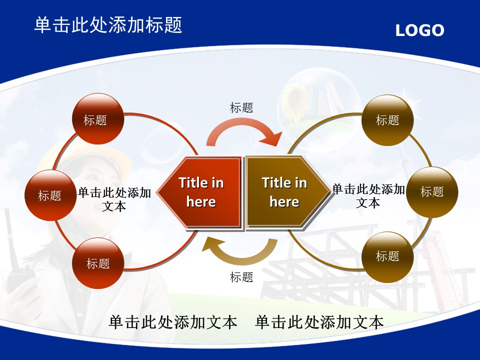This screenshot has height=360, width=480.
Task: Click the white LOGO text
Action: pyautogui.click(x=419, y=30)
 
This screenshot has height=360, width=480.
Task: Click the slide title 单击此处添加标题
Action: pyautogui.click(x=108, y=25)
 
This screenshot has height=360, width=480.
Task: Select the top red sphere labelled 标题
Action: pyautogui.click(x=98, y=119)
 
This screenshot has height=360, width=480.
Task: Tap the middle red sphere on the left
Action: pyautogui.click(x=50, y=195)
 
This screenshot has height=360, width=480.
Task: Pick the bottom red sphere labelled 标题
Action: pyautogui.click(x=98, y=263)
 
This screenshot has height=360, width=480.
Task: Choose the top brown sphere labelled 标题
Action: pyautogui.click(x=387, y=120)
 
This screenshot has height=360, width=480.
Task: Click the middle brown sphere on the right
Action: pyautogui.click(x=432, y=192)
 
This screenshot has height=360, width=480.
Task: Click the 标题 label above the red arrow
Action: pyautogui.click(x=241, y=108)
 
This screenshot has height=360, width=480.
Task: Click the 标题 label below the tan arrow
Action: pyautogui.click(x=241, y=277)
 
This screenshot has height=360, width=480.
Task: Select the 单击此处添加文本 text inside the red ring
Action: pyautogui.click(x=114, y=199)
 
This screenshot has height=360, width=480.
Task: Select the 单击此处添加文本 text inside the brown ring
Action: pyautogui.click(x=368, y=196)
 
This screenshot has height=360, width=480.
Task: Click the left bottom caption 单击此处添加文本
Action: pyautogui.click(x=173, y=322)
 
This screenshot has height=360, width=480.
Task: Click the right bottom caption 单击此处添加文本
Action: pyautogui.click(x=319, y=322)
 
